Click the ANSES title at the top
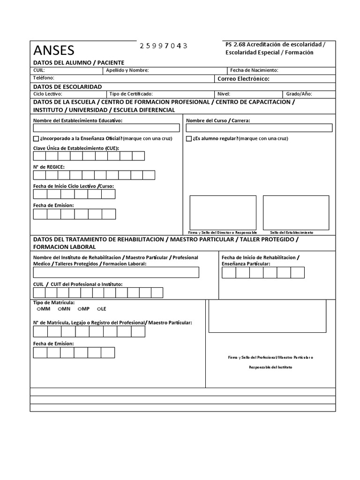click(53, 50)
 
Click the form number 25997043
click(164, 45)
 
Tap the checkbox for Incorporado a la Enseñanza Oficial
click(36, 139)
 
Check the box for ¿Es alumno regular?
click(189, 139)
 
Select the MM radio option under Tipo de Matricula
click(38, 309)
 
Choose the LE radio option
click(99, 309)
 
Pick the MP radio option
click(79, 309)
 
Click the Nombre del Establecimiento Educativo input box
click(106, 128)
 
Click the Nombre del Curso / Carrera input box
click(259, 128)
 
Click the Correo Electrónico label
click(243, 79)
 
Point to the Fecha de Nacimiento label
click(254, 70)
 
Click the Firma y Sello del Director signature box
click(223, 212)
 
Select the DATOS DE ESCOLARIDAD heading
click(67, 87)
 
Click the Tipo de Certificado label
click(131, 94)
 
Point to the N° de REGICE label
click(49, 167)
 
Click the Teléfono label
click(44, 78)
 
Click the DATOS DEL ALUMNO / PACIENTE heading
click(78, 62)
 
